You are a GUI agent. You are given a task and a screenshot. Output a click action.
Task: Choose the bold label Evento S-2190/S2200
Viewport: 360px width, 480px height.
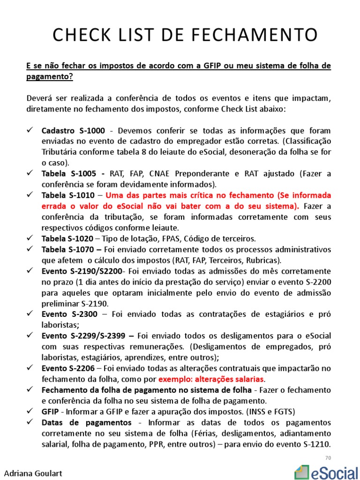coord(82,271)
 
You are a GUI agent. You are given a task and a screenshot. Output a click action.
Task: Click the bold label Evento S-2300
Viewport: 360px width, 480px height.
coord(69,315)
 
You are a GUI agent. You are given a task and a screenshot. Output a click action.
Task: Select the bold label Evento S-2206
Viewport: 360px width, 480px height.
coord(69,368)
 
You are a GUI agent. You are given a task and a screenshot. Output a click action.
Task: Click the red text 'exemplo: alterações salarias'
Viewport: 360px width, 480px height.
coord(211,379)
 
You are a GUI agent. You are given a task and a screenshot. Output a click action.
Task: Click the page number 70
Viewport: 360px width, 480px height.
coord(328,457)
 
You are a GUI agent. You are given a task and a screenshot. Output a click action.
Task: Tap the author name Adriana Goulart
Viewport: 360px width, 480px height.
coord(33,473)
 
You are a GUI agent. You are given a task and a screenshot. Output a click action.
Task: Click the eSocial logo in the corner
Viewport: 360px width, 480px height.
coord(324,471)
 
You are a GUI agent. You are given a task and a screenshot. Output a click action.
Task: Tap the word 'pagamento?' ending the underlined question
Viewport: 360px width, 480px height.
coord(49,76)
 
